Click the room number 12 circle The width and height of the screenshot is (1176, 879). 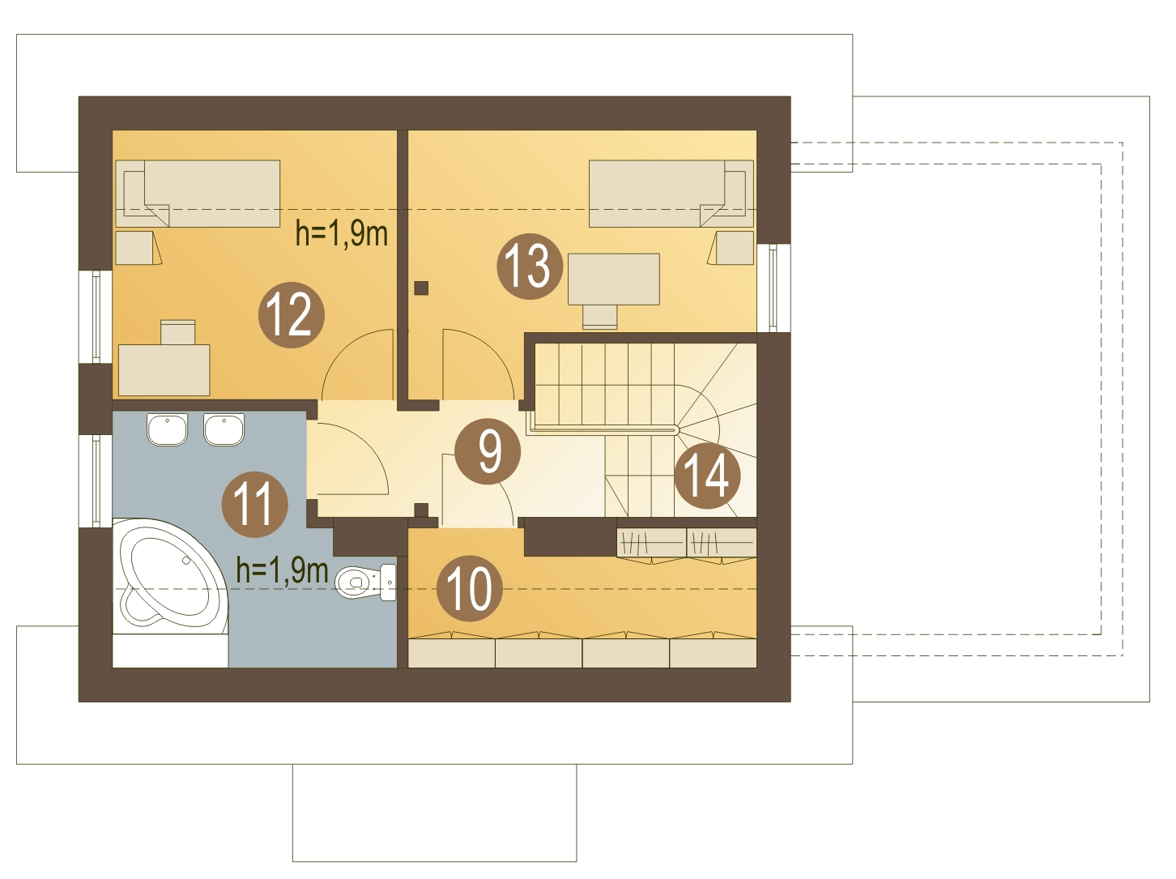click(x=292, y=315)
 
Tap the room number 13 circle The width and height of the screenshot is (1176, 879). click(x=530, y=267)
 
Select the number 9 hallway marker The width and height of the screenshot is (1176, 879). click(x=488, y=451)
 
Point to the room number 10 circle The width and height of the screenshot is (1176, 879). click(x=470, y=588)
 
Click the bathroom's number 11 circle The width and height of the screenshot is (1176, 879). click(x=255, y=505)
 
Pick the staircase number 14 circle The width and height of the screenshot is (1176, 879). click(x=707, y=476)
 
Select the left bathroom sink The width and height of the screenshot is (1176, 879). click(x=167, y=429)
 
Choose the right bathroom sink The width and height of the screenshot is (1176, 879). click(x=224, y=429)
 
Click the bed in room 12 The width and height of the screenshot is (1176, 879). click(x=198, y=194)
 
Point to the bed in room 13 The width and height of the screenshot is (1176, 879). click(x=671, y=194)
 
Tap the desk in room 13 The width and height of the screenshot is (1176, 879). click(x=613, y=279)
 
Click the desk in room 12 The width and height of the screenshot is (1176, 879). click(x=164, y=370)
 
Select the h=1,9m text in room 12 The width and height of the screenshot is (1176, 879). click(x=342, y=234)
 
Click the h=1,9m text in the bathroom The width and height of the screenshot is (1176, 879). click(x=283, y=570)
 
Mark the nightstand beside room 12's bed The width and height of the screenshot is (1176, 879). click(x=138, y=248)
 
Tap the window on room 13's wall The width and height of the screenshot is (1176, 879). click(x=773, y=288)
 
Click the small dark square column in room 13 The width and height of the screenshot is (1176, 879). click(x=422, y=288)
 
